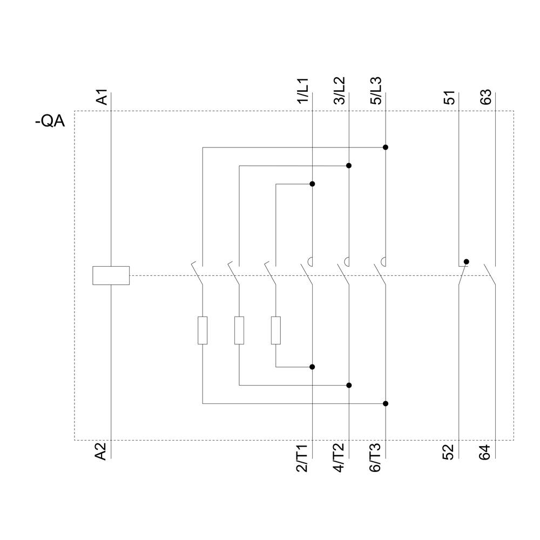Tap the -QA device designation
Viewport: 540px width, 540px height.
50,122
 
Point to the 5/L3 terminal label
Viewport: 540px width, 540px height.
376,91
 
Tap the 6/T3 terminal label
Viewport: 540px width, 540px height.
376,458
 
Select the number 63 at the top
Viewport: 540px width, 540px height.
486,98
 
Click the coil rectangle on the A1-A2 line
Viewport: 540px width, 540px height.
111,275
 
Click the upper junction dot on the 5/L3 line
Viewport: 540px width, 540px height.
386,147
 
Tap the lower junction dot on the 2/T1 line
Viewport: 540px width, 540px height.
312,367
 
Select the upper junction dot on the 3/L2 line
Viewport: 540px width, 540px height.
349,165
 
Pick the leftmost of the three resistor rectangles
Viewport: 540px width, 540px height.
202,330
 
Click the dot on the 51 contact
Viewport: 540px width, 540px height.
467,261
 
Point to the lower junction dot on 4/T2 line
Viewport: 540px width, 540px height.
349,385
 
